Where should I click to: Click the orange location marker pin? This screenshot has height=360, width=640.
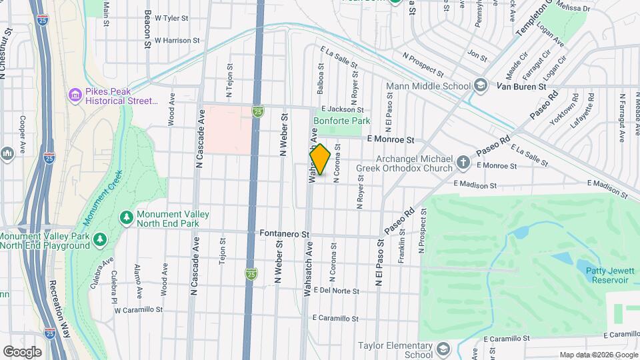(x=320, y=159)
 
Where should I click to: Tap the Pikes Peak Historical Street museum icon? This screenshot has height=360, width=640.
(x=74, y=96)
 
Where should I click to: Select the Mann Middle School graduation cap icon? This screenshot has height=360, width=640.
(x=480, y=85)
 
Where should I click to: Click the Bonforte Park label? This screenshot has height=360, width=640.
(x=341, y=121)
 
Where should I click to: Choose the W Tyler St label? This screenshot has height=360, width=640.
(x=172, y=19)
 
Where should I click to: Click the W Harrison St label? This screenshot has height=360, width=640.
(x=177, y=40)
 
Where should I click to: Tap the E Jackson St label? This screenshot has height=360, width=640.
(x=342, y=109)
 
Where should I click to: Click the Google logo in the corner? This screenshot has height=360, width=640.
(x=22, y=352)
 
